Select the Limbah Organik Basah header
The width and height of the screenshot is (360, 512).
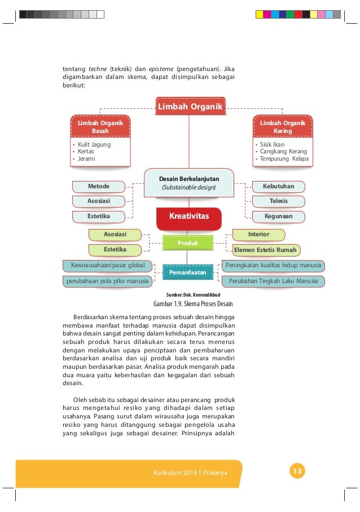pyautogui.click(x=100, y=127)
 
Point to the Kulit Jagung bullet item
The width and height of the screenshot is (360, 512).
pyautogui.click(x=94, y=144)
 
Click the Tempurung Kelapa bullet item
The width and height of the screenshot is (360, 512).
pyautogui.click(x=284, y=159)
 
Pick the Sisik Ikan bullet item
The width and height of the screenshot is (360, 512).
pyautogui.click(x=273, y=144)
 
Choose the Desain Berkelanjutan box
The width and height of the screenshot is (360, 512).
pyautogui.click(x=189, y=183)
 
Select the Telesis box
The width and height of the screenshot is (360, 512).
pyautogui.click(x=278, y=201)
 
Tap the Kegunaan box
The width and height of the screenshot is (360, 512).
pyautogui.click(x=278, y=216)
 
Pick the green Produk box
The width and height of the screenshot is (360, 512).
pyautogui.click(x=188, y=242)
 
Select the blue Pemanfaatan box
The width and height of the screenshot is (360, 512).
pyautogui.click(x=188, y=272)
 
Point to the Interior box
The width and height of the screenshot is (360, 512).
pyautogui.click(x=259, y=234)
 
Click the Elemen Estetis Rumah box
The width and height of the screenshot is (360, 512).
pyautogui.click(x=265, y=249)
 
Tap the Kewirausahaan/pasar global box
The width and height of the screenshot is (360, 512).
pyautogui.click(x=107, y=265)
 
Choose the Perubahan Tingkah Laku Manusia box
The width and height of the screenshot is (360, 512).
pyautogui.click(x=273, y=280)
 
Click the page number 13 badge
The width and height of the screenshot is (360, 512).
pyautogui.click(x=297, y=471)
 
